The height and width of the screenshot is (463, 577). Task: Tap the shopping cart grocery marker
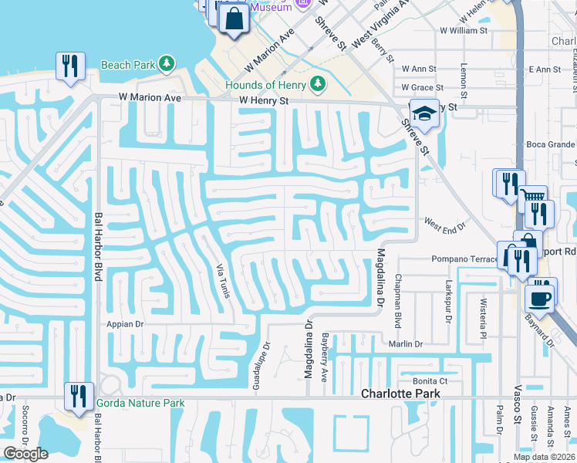(531, 200)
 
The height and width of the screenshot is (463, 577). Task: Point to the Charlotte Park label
(401, 394)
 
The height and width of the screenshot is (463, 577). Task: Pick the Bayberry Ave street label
(326, 355)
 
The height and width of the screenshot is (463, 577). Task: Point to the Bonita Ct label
(430, 381)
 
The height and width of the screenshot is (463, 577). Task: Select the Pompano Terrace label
(465, 259)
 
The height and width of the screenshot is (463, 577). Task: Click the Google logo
(26, 454)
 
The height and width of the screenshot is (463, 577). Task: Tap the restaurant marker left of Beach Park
(70, 66)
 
